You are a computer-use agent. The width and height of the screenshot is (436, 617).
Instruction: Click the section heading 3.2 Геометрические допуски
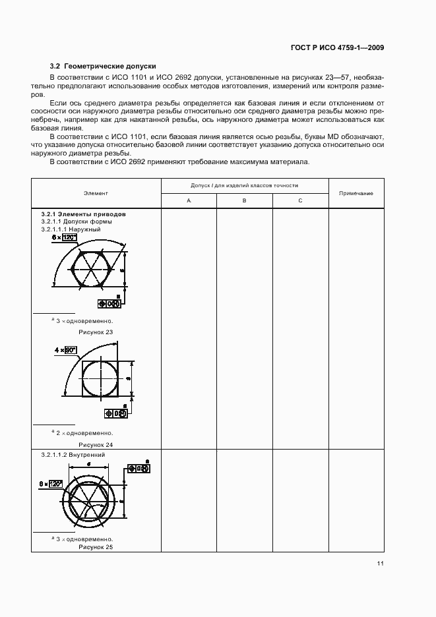(103, 66)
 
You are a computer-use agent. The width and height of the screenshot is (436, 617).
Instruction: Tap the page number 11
(381, 564)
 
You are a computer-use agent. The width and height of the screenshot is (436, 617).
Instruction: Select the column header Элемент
(96, 193)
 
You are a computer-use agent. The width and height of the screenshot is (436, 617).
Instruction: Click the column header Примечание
(356, 193)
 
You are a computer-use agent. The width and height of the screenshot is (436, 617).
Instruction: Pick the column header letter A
(189, 200)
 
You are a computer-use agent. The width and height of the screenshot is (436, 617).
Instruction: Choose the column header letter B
(244, 200)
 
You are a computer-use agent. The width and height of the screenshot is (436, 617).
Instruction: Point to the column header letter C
(300, 200)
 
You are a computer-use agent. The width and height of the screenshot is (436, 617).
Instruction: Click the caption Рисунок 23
(96, 332)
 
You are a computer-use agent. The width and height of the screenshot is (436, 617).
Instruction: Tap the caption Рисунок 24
(96, 444)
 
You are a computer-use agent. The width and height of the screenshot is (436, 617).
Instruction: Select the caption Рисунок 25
(96, 546)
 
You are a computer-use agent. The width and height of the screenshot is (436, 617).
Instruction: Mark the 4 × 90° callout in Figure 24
(67, 350)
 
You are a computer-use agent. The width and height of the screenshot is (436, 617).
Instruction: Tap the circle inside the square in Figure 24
(101, 380)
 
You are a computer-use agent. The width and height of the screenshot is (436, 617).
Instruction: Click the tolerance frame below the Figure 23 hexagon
(109, 304)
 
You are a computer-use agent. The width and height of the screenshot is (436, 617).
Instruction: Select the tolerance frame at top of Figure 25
(140, 469)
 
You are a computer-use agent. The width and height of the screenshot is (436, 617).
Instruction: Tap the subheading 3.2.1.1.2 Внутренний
(73, 455)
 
